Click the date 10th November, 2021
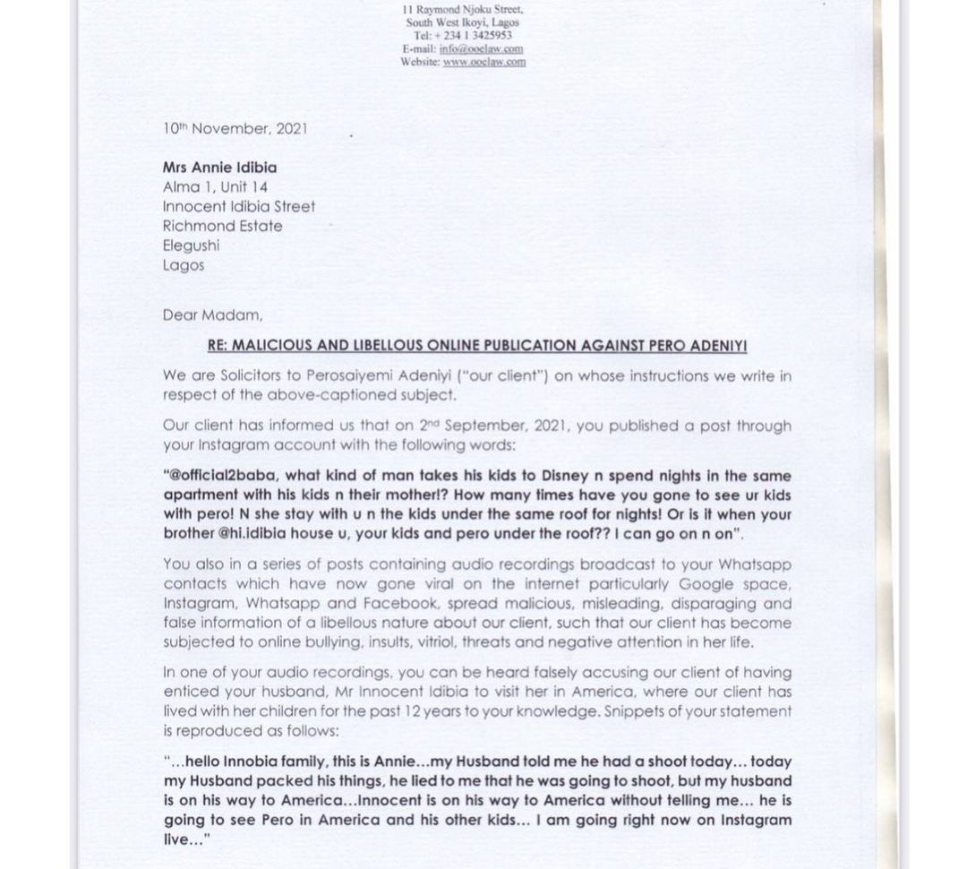pos(235,129)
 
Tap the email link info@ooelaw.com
pos(481,48)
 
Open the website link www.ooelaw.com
pos(483,62)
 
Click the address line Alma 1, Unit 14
pos(215,187)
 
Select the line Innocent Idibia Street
pos(239,207)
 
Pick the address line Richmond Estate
pos(222,227)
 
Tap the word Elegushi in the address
pos(191,245)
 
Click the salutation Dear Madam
pos(213,315)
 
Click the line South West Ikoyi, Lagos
pos(462,22)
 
